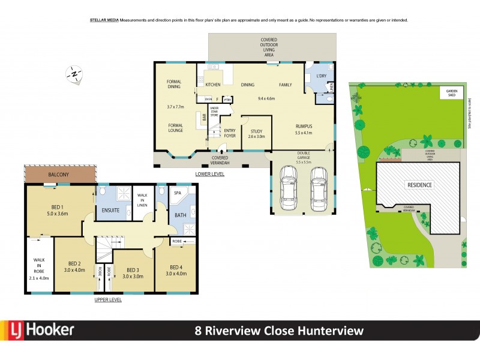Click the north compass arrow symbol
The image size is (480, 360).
point(74,74)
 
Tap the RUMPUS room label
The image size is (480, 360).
point(304,126)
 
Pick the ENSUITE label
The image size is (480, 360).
point(110,211)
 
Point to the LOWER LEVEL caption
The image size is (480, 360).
point(210,174)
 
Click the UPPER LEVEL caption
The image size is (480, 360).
point(108,299)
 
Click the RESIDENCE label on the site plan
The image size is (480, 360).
point(420,185)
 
